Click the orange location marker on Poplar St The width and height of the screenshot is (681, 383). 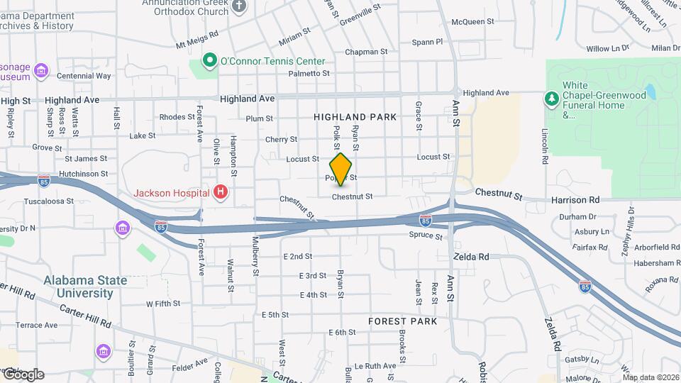click(341, 170)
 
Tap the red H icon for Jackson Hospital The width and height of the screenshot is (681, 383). click(221, 191)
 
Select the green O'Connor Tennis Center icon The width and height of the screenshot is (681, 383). click(209, 62)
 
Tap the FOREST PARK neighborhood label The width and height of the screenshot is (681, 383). click(403, 321)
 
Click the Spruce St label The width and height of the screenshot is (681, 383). click(426, 235)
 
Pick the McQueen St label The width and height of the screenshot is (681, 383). click(472, 22)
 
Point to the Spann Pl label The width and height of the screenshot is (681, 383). click(428, 42)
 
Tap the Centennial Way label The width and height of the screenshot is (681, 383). click(84, 75)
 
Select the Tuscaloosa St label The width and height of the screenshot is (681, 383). click(49, 201)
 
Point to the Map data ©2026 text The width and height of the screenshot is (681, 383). click(650, 377)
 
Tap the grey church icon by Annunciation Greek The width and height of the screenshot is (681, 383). click(240, 6)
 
